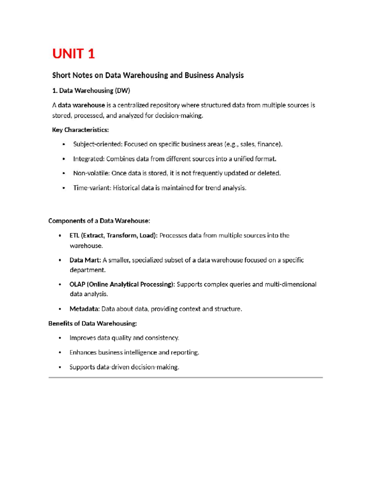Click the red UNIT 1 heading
coord(73,54)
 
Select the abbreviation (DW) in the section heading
coord(122,91)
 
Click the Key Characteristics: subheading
coord(80,130)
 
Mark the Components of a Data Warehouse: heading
coord(99,221)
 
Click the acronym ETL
coord(74,236)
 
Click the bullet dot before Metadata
coord(60,309)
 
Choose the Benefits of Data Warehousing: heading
coord(92,323)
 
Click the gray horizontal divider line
coord(186,377)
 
